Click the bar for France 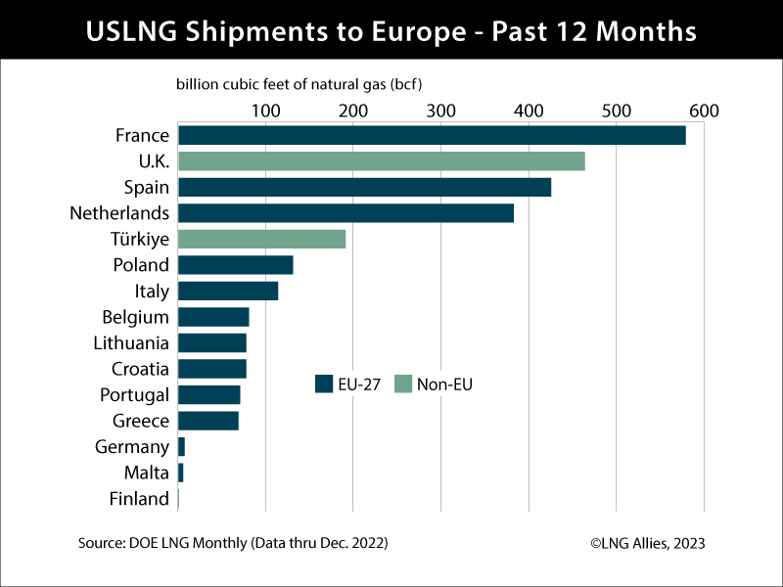[x=432, y=135]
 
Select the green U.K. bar [x=382, y=161]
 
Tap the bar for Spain [x=364, y=187]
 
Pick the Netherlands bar [x=345, y=213]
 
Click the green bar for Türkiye [x=261, y=239]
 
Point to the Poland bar [x=235, y=265]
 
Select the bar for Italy [x=228, y=291]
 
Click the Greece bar [x=208, y=421]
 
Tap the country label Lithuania [x=130, y=343]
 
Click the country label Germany [x=132, y=447]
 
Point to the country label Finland [x=139, y=499]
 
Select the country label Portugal [x=134, y=395]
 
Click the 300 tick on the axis [x=440, y=111]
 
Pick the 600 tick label [x=703, y=111]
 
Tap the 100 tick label [x=265, y=111]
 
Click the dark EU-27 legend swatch [x=324, y=384]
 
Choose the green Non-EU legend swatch [x=402, y=384]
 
